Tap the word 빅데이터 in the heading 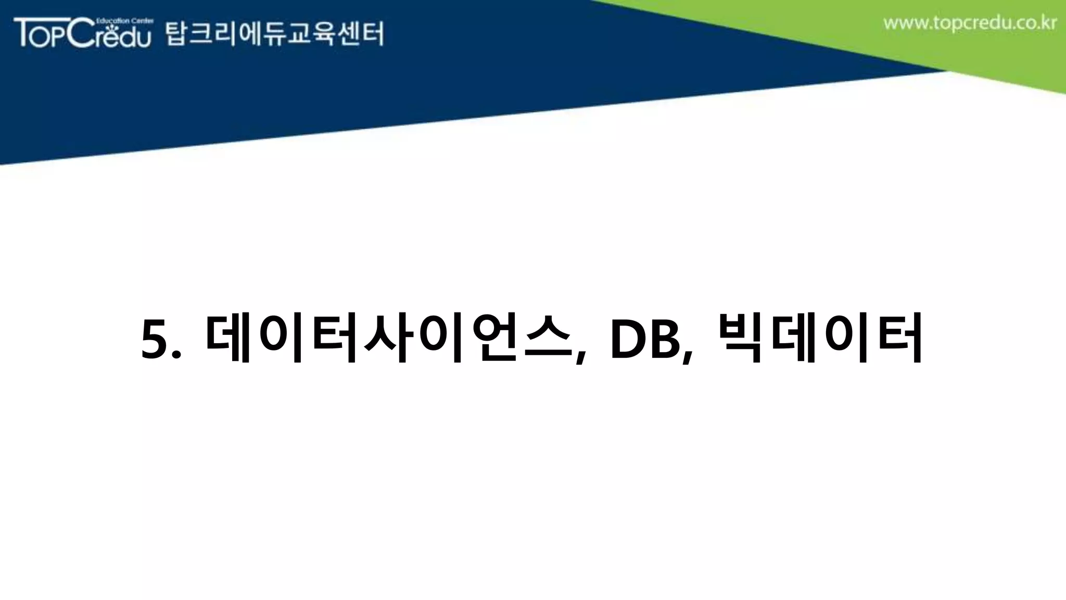coord(820,339)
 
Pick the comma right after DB coord(689,357)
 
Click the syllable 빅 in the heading coord(741,339)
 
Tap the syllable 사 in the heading coord(389,339)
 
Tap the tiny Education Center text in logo coord(124,21)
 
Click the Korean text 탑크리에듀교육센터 coord(274,34)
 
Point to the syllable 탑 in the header coord(176,34)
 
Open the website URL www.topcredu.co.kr coord(970,23)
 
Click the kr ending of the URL coord(1049,23)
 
